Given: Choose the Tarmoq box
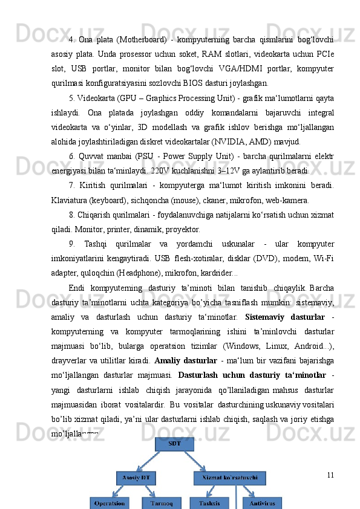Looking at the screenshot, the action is click(161, 502).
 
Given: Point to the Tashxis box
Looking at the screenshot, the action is click(209, 502).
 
